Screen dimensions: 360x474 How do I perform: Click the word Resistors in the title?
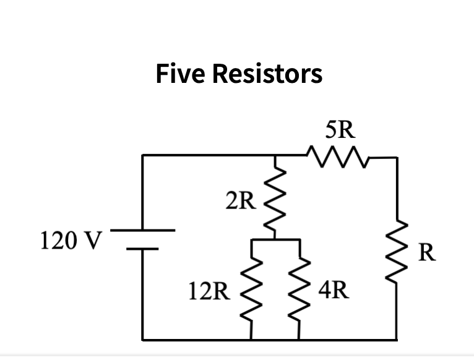pos(267,74)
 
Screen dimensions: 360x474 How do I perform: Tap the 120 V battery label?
pos(69,239)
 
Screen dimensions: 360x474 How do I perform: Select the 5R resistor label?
pos(340,129)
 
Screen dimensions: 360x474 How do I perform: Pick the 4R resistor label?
pos(334,289)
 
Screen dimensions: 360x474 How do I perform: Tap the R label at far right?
pos(428,253)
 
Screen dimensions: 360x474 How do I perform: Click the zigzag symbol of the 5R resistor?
pos(338,156)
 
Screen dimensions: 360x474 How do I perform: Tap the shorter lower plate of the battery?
pos(143,249)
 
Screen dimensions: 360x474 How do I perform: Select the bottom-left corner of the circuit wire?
pos(143,339)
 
